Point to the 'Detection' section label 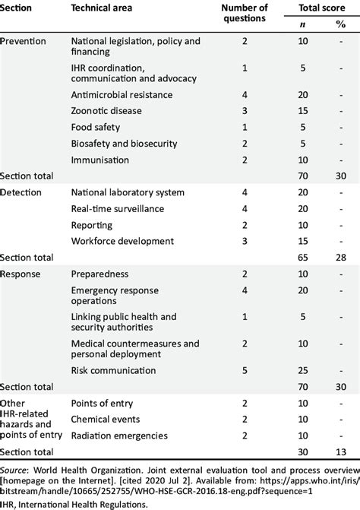tap(23, 193)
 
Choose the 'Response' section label tap(21, 273)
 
